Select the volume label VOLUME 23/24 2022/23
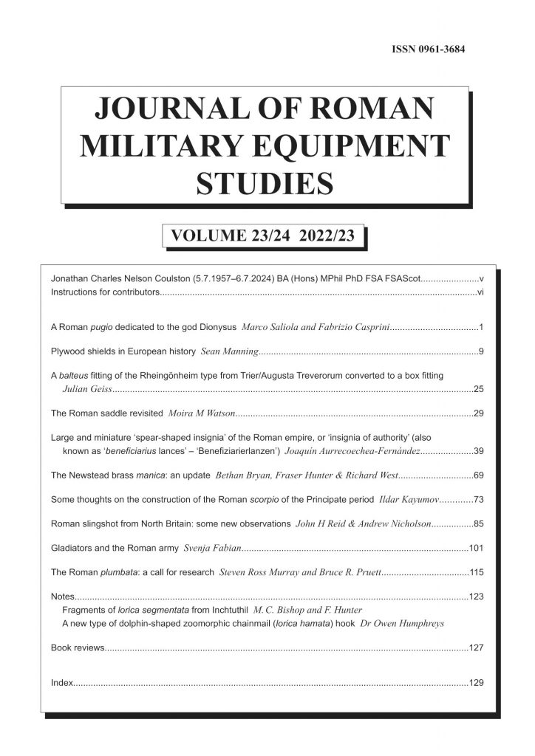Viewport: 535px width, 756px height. tap(264, 236)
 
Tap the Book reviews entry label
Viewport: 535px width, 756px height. tap(78, 648)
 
